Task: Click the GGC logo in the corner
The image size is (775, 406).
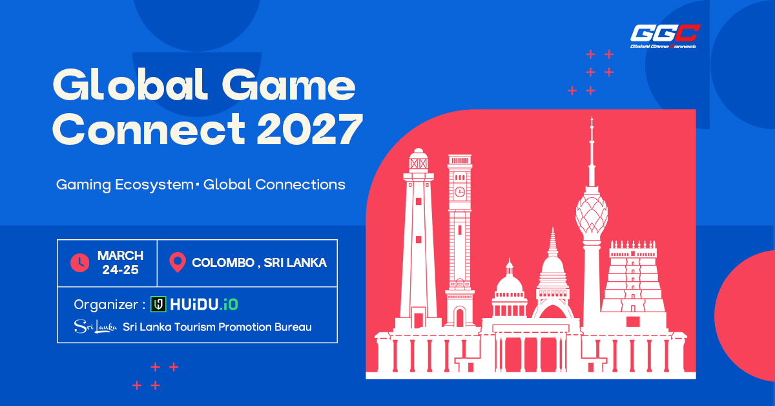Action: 665,36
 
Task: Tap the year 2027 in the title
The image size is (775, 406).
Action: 309,129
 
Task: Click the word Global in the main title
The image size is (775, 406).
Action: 130,84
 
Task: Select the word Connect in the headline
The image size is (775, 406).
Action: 149,129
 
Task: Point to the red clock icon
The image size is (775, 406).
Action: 79,262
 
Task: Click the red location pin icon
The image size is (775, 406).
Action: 178,262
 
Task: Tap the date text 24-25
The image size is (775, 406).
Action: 120,270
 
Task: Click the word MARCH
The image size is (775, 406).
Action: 120,255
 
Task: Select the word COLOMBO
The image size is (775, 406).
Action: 223,263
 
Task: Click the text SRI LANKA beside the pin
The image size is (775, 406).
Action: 295,263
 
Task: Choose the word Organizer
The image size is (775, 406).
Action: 106,305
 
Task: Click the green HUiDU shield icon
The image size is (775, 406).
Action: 158,304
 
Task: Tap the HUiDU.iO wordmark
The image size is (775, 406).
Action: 204,304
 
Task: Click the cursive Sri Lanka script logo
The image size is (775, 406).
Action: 96,326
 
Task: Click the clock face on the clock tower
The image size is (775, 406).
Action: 459,191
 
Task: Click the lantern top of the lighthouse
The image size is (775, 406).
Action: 418,160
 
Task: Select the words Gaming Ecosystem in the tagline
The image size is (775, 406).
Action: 125,185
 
